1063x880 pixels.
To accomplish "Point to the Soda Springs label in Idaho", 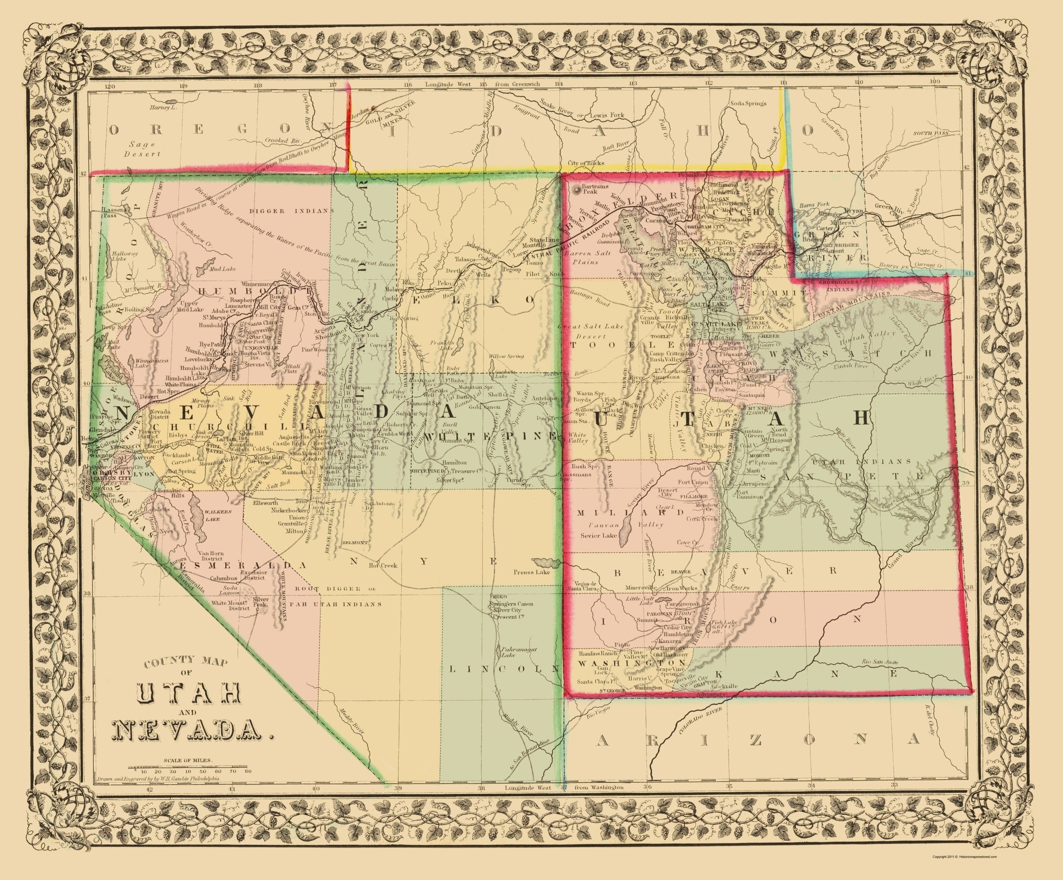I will click(x=748, y=104).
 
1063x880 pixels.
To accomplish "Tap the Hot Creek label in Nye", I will click(x=383, y=565).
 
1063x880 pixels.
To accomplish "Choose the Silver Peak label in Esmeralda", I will click(x=260, y=602).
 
